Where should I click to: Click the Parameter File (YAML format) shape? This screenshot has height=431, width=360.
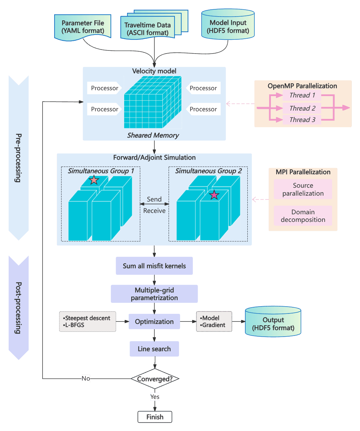click(83, 27)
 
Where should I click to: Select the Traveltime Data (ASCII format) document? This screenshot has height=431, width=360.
click(148, 29)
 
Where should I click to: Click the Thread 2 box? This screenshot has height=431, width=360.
click(302, 108)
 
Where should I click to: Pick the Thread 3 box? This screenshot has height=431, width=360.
click(302, 120)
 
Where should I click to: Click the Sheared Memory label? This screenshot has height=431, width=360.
click(153, 135)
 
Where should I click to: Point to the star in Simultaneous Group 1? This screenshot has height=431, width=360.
click(94, 180)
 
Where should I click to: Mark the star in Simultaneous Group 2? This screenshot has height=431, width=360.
click(214, 195)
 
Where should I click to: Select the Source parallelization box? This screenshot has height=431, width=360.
click(303, 189)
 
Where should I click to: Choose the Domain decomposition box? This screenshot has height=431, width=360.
click(303, 216)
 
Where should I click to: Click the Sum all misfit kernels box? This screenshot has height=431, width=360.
click(154, 266)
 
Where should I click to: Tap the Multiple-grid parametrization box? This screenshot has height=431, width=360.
click(154, 294)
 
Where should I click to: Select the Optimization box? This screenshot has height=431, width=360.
click(154, 321)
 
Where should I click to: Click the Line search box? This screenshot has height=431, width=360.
click(154, 349)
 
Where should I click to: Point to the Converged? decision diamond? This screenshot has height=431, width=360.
click(154, 379)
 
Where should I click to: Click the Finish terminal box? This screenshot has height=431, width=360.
click(155, 417)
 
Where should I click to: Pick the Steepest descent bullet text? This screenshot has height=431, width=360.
click(87, 318)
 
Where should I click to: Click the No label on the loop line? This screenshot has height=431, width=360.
click(86, 378)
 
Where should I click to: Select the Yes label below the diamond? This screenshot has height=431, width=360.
click(155, 397)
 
